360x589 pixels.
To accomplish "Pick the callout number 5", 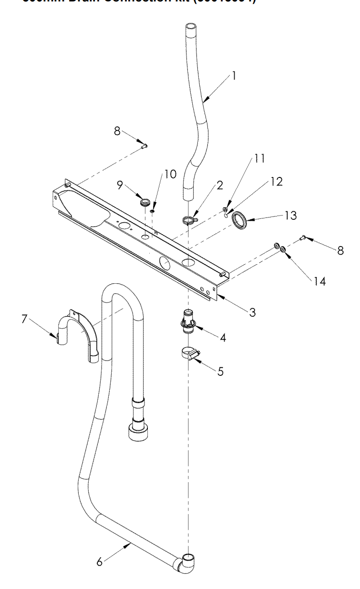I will (x=220, y=372).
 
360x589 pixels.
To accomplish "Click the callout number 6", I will (x=100, y=562).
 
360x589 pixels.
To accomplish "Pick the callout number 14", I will (x=319, y=281).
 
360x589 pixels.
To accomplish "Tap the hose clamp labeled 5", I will (x=190, y=355).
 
